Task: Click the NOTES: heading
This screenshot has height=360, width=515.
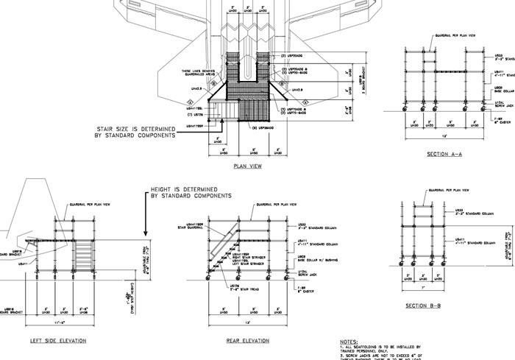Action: tap(349, 342)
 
